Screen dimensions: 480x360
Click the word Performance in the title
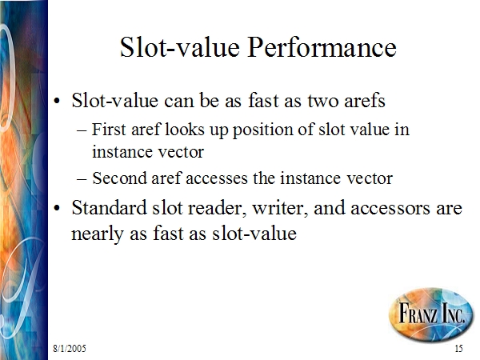(x=322, y=47)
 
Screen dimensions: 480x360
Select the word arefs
(x=364, y=100)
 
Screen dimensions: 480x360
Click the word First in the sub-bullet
(x=109, y=129)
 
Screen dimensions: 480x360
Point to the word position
(x=262, y=130)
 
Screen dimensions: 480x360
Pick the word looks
(x=185, y=129)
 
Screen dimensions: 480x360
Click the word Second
(x=119, y=178)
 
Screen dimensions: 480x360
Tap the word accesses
(x=217, y=178)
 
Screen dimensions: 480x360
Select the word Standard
(x=109, y=208)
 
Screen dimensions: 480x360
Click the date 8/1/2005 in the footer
(x=70, y=349)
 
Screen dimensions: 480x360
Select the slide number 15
(x=458, y=349)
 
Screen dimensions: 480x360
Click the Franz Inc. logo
(x=431, y=314)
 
